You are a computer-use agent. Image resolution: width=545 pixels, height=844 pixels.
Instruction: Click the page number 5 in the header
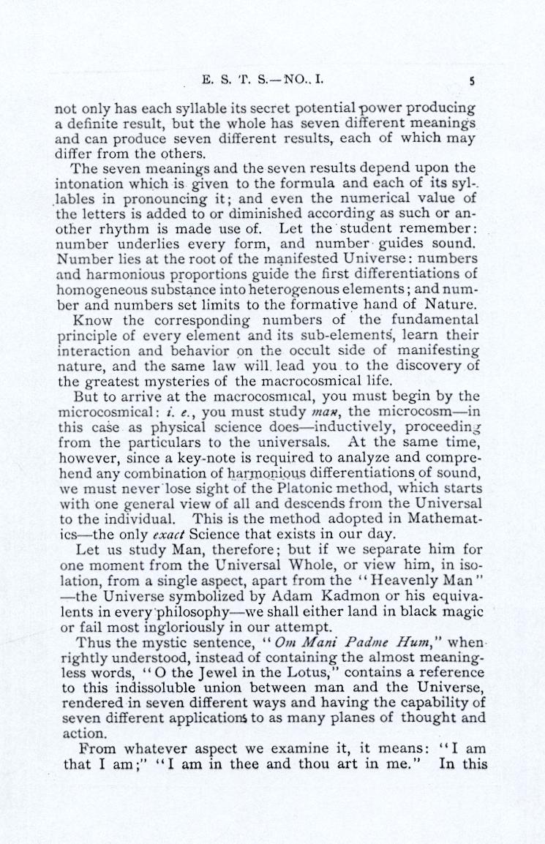pyautogui.click(x=473, y=82)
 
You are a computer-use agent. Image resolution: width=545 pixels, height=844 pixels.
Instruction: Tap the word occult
pyautogui.click(x=316, y=350)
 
